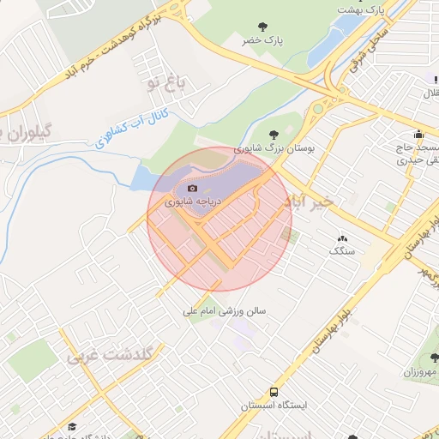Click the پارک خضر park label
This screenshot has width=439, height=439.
262,40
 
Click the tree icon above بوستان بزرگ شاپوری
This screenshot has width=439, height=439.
274,134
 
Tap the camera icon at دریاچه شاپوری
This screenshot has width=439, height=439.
192,188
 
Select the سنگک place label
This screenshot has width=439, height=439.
341,251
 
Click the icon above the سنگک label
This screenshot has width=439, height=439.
343,238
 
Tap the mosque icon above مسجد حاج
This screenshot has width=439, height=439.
418,134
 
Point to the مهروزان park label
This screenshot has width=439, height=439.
421,372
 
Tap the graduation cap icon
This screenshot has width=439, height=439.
73,427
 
